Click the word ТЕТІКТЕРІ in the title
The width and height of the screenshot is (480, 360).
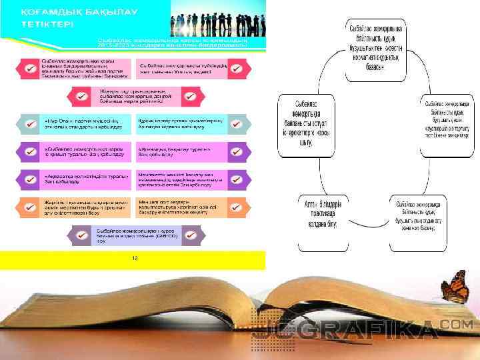point(46,25)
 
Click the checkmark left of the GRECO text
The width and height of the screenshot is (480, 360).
point(81,235)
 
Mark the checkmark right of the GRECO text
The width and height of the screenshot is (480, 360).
point(190,235)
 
